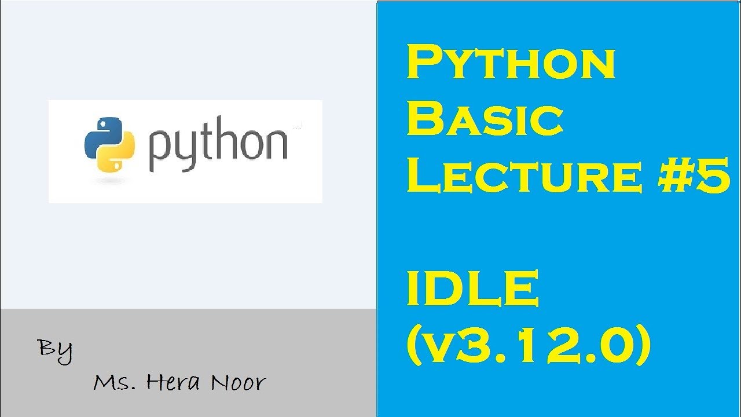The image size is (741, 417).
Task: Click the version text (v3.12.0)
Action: point(529,346)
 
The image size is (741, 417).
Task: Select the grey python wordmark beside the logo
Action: point(218,146)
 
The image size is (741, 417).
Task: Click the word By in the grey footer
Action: point(56,350)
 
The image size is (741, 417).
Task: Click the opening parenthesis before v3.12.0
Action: point(414,346)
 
